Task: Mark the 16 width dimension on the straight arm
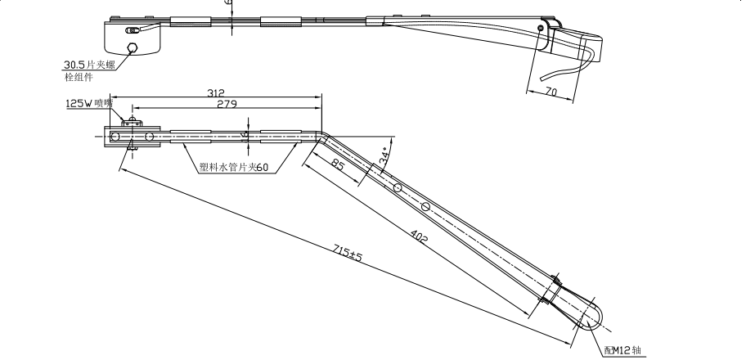(246, 134)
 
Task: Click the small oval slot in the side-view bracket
(132, 31)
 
